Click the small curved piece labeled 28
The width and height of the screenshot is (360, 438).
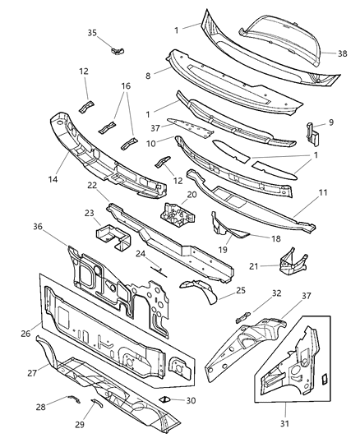[x=72, y=401]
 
